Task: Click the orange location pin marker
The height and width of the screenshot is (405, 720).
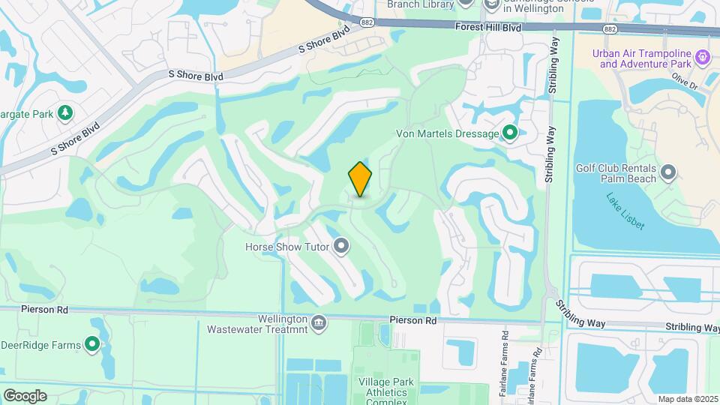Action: (360, 180)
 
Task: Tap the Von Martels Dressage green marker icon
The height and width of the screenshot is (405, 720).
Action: (510, 133)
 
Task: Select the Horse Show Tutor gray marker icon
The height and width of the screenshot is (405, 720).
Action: (342, 245)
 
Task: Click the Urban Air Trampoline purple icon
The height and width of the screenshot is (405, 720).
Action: (703, 57)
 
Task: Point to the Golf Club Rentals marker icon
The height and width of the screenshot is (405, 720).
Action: (668, 174)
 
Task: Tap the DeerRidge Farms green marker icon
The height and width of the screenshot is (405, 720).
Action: (92, 344)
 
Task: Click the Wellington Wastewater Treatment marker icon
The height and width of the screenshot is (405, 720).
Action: (319, 322)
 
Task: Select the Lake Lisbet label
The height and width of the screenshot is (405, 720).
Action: (625, 211)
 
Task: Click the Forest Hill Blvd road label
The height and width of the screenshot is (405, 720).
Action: (488, 26)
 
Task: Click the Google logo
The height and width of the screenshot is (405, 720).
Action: (25, 396)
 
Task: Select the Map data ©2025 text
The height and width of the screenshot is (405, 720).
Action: (687, 399)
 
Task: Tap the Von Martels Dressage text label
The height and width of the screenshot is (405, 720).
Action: (447, 133)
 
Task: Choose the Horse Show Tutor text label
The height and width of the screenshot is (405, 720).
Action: (288, 245)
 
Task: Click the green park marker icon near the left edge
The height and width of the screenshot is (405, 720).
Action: (65, 112)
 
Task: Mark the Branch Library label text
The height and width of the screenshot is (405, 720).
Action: (420, 4)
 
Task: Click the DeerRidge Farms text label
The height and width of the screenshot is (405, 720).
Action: (42, 344)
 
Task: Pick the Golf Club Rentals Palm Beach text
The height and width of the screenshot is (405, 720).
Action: (615, 174)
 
